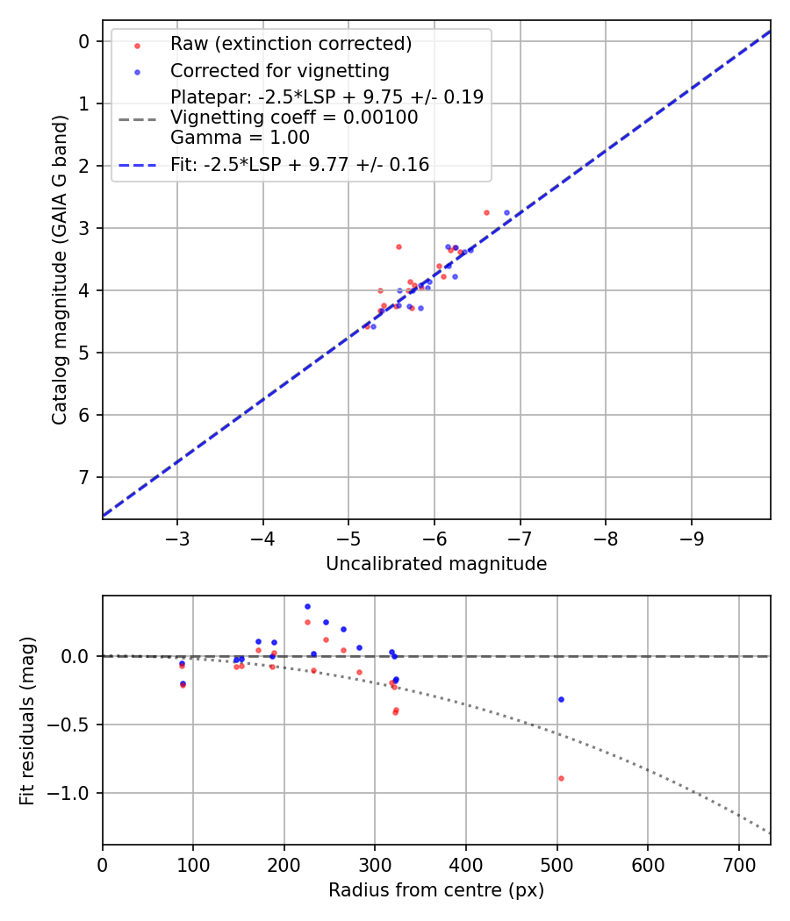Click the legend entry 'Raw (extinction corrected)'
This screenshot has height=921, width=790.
[291, 44]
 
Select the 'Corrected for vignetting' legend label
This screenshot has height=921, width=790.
[280, 70]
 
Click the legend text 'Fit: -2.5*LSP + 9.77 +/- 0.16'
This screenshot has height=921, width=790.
[300, 164]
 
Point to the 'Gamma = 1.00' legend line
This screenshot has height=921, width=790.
[240, 137]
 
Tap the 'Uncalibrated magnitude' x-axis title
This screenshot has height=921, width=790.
[436, 564]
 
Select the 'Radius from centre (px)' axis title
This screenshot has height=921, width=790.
[436, 890]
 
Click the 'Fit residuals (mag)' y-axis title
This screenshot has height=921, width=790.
[27, 721]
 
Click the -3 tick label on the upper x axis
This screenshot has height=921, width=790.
[177, 537]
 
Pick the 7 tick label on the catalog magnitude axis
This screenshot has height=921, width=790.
[84, 477]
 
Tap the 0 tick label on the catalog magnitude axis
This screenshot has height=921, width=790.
[84, 41]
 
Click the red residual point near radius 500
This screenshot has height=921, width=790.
[561, 778]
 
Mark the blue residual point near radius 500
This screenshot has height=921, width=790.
[561, 699]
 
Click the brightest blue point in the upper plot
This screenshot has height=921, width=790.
[506, 212]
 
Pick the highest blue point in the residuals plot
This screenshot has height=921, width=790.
[307, 606]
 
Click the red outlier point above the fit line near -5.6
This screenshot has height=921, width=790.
[399, 246]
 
